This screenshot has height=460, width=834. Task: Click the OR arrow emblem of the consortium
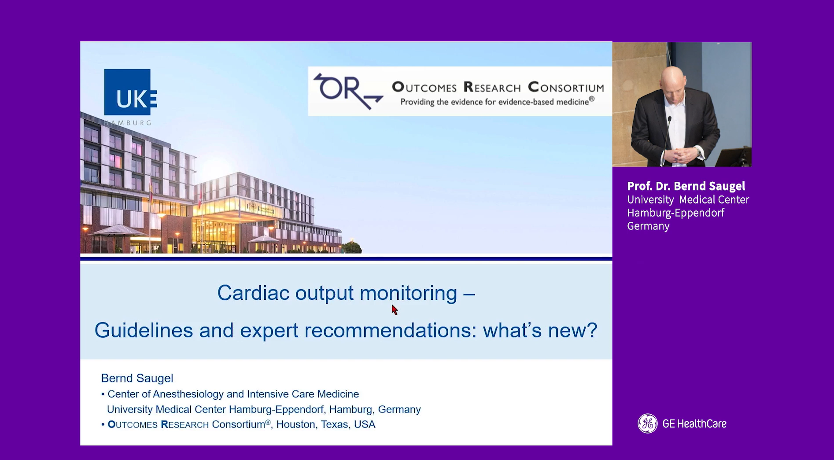(x=348, y=91)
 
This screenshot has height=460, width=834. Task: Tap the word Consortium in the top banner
(x=566, y=87)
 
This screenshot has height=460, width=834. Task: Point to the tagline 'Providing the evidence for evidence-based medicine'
(x=497, y=102)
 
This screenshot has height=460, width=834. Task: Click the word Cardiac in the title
(x=254, y=293)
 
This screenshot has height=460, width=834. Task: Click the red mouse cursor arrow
(x=395, y=309)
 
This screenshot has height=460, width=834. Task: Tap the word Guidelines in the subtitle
(x=144, y=330)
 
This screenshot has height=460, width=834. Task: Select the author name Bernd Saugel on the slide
(x=137, y=378)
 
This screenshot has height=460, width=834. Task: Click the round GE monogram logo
(x=647, y=423)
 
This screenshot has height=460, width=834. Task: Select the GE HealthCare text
(x=694, y=424)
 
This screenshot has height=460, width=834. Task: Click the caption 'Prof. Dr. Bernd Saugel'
(x=686, y=186)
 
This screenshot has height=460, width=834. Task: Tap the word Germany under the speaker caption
(x=648, y=226)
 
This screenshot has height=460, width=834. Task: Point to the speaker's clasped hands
(x=685, y=155)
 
